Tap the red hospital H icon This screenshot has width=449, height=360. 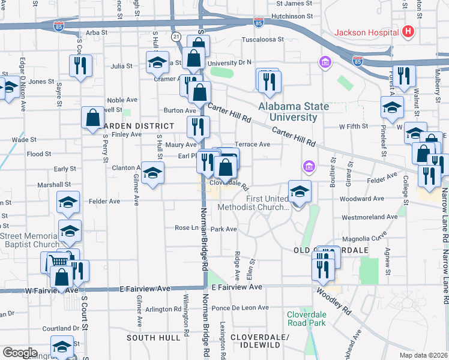point(409,31)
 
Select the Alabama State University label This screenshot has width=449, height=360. point(294,112)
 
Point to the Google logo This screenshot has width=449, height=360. point(20,353)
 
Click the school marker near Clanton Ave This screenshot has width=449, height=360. point(153,174)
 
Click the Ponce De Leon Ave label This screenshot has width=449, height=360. point(240,308)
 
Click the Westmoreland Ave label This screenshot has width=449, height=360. point(369,217)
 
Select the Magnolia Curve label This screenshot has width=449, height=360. point(379,238)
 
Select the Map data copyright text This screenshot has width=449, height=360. point(422,355)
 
